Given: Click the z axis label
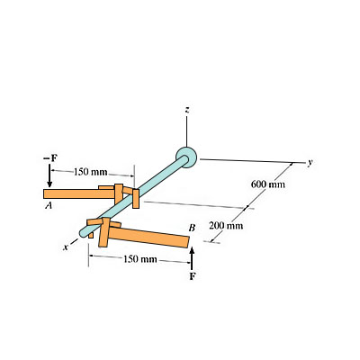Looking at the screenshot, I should click(186, 110).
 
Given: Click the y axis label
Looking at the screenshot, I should click(310, 163).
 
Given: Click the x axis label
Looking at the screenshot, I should click(65, 245).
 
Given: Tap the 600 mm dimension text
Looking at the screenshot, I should click(269, 184).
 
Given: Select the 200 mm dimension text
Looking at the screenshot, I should click(227, 224).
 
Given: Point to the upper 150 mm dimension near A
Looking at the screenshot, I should click(90, 171).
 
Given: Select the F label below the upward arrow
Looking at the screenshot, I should click(192, 277).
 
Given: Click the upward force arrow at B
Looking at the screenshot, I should click(192, 258).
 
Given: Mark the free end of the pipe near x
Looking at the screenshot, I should click(84, 233).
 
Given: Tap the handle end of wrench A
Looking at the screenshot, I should click(50, 193).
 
